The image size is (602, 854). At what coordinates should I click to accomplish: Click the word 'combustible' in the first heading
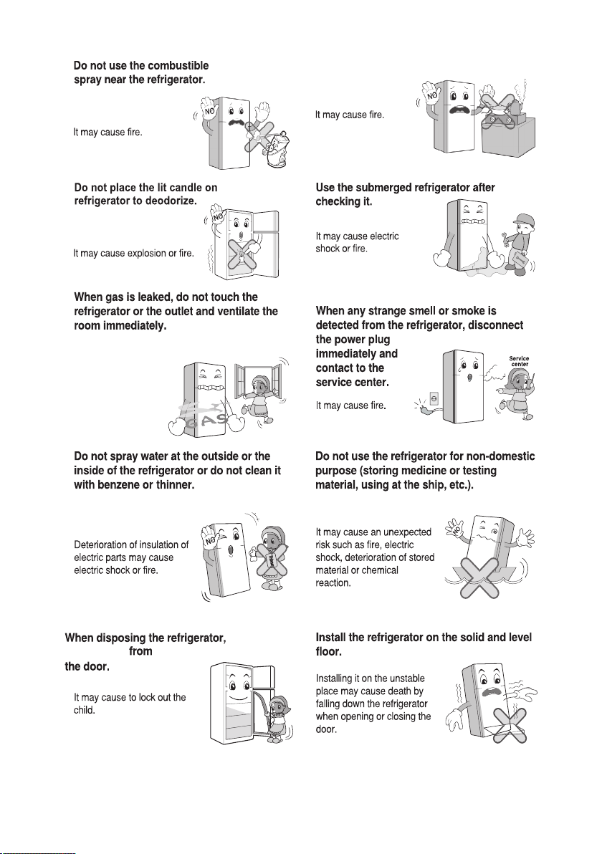pyautogui.click(x=178, y=66)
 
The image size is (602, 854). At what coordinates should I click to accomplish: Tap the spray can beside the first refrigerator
pyautogui.click(x=276, y=150)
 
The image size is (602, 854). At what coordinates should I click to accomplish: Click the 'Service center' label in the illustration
pyautogui.click(x=519, y=361)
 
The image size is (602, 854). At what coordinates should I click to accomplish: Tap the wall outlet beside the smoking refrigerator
pyautogui.click(x=434, y=400)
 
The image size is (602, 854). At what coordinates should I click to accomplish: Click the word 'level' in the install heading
pyautogui.click(x=519, y=638)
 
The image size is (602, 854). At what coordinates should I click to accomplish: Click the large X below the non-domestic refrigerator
pyautogui.click(x=477, y=578)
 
